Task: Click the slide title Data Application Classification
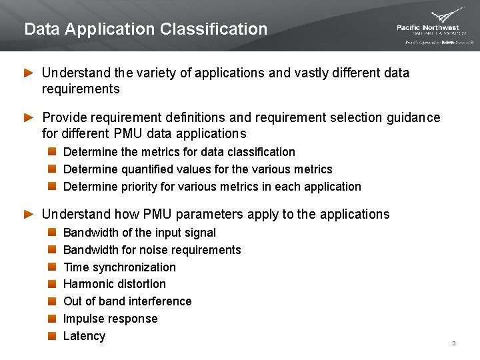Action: [145, 29]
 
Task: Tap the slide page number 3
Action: [453, 343]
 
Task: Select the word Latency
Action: [84, 336]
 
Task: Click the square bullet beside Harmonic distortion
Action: [52, 284]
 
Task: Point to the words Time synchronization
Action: [119, 267]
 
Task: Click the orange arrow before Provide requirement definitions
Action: [28, 118]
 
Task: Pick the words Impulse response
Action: [110, 319]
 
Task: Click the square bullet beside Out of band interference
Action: [52, 301]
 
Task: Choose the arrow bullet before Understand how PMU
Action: [28, 215]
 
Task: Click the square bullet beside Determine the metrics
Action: [52, 152]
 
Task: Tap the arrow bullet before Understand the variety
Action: [28, 73]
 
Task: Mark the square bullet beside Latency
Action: [52, 336]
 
